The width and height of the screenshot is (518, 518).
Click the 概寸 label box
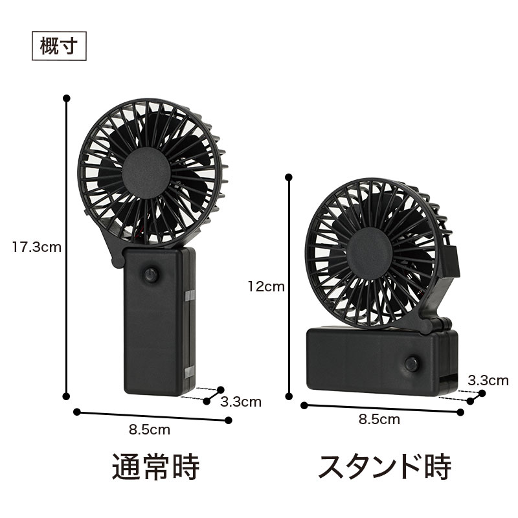(59, 46)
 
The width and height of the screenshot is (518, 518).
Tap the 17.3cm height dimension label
(37, 247)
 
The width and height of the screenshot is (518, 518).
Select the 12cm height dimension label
(266, 287)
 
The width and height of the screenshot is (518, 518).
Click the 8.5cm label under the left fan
(150, 430)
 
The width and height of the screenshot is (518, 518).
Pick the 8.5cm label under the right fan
(379, 420)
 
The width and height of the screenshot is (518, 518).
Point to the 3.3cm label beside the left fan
(241, 402)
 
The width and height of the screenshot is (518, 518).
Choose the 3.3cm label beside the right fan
(488, 381)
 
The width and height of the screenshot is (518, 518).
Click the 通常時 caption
(156, 466)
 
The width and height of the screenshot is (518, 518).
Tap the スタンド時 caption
(385, 466)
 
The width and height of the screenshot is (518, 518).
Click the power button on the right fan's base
(412, 364)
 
